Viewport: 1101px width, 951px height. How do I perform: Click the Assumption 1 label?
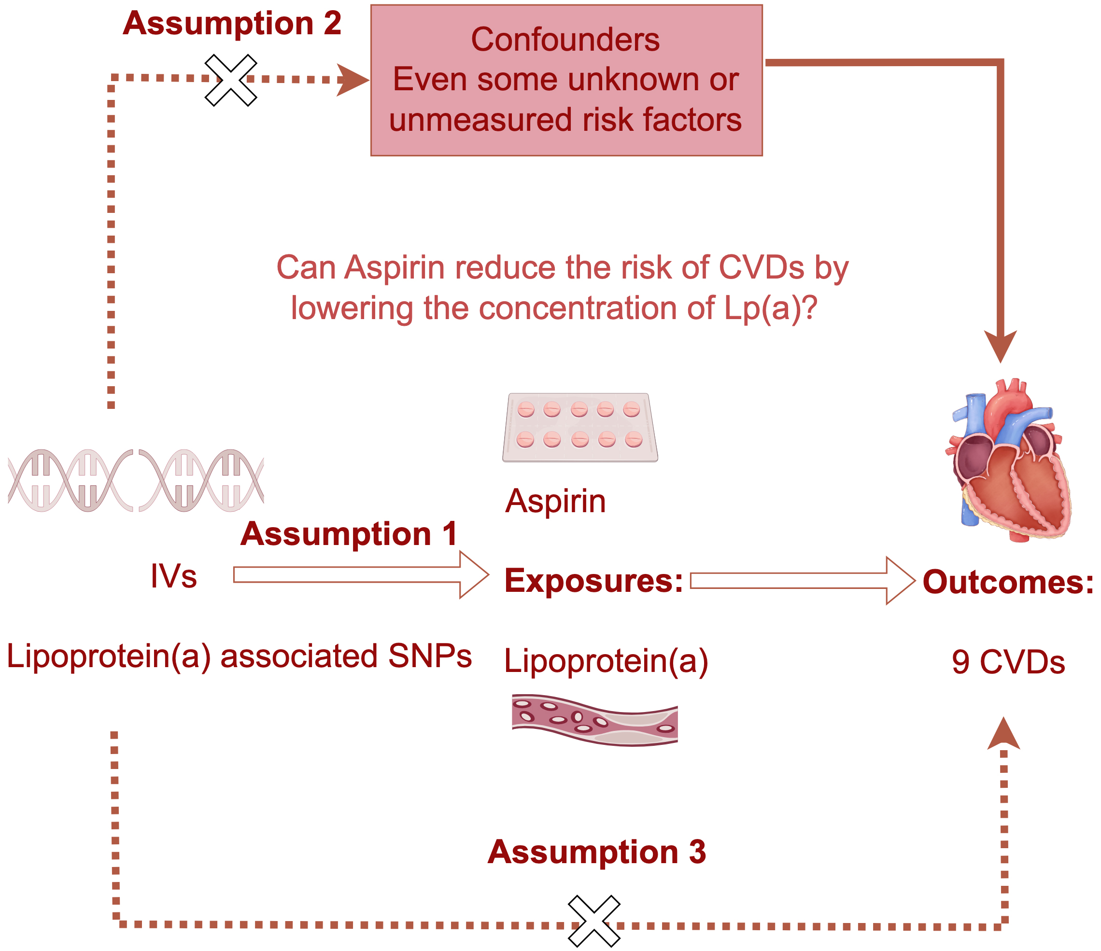(x=349, y=533)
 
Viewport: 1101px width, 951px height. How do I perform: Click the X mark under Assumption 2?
(x=231, y=80)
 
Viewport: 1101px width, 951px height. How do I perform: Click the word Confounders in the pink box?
(x=565, y=40)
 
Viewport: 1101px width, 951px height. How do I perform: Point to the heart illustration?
(x=1007, y=460)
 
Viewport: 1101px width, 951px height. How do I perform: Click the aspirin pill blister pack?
(x=580, y=427)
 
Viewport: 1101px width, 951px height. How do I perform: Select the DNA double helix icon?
(x=136, y=480)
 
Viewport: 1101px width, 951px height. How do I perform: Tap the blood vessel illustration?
(x=594, y=720)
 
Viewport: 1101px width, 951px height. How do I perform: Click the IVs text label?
(x=173, y=576)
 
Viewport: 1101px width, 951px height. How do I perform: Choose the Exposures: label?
(x=593, y=581)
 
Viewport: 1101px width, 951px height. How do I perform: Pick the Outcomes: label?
(x=1007, y=582)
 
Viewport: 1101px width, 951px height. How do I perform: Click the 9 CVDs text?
(x=1008, y=662)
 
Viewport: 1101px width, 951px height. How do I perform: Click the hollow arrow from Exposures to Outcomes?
(x=801, y=581)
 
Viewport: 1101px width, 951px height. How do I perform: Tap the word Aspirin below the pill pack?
(x=555, y=501)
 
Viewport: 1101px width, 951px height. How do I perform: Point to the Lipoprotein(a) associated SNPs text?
(x=239, y=656)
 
